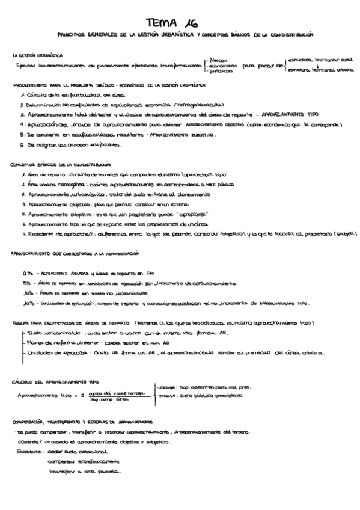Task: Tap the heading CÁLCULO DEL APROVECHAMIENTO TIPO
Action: click(56, 382)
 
